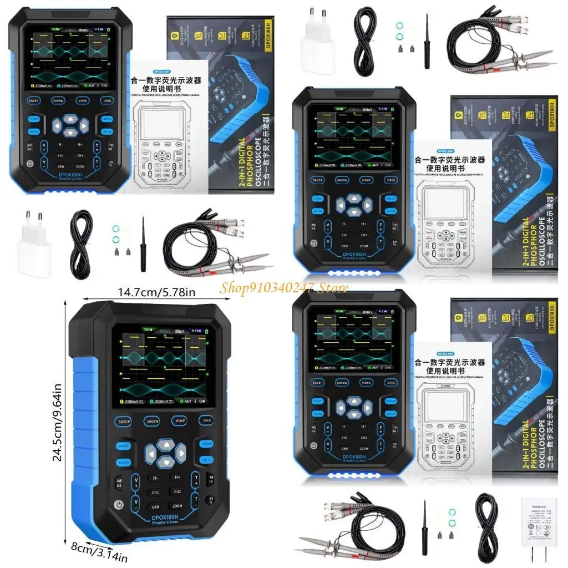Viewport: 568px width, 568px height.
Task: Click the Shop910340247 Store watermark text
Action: (284, 287)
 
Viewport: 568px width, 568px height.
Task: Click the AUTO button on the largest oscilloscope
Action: (206, 460)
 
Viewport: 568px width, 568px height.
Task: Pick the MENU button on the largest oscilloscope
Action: (123, 462)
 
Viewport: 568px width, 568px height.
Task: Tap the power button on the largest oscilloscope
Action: (118, 504)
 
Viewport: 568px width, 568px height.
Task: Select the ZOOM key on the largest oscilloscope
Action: (177, 506)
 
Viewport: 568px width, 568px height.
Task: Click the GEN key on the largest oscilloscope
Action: (155, 506)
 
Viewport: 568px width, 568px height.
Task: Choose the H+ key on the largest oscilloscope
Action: (177, 477)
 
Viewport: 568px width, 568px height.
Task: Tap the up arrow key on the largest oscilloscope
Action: (165, 444)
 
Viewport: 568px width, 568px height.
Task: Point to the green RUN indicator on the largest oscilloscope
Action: (148, 329)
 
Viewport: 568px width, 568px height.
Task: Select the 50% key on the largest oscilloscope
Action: (211, 501)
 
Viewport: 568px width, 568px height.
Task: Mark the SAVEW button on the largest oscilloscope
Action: (153, 422)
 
